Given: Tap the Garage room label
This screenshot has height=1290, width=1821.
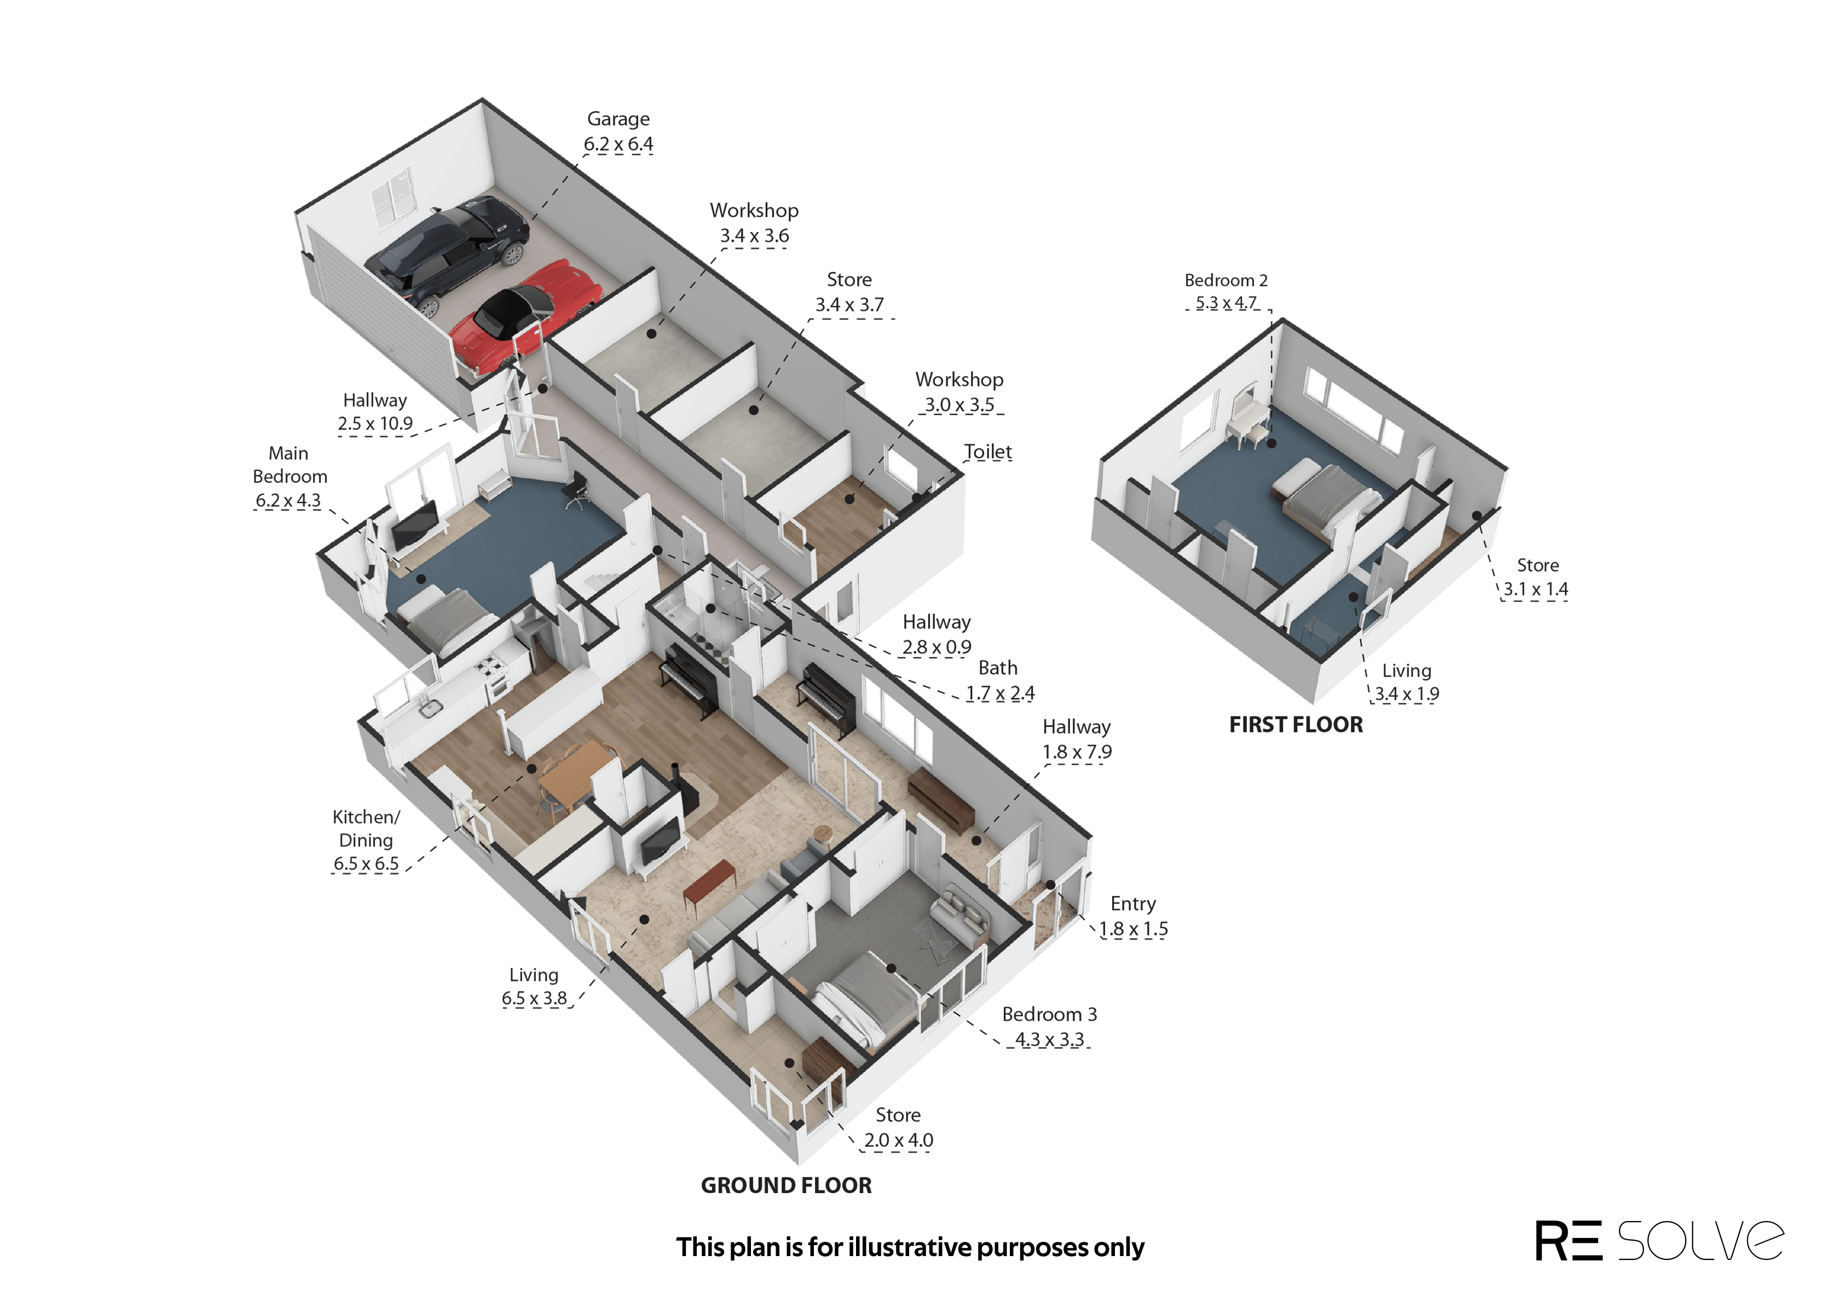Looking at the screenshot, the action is tap(618, 119).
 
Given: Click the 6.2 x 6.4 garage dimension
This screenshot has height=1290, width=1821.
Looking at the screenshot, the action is tap(618, 144).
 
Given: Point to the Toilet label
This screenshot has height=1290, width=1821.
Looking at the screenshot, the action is tap(987, 452).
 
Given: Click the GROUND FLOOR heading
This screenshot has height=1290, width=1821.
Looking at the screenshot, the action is tap(786, 1185).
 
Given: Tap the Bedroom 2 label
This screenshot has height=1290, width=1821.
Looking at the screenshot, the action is tap(1225, 280).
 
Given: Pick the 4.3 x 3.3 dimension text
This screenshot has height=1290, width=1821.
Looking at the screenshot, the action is tap(1049, 1040).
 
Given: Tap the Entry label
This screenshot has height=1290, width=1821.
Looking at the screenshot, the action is tap(1132, 904).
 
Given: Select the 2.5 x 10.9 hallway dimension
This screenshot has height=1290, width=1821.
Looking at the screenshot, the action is tap(375, 424).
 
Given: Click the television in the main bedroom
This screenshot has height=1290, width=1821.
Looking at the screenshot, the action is tap(414, 524).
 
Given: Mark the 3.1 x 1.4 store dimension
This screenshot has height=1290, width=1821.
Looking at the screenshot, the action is tap(1535, 589).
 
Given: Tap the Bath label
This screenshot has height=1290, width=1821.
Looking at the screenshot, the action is tap(997, 668).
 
